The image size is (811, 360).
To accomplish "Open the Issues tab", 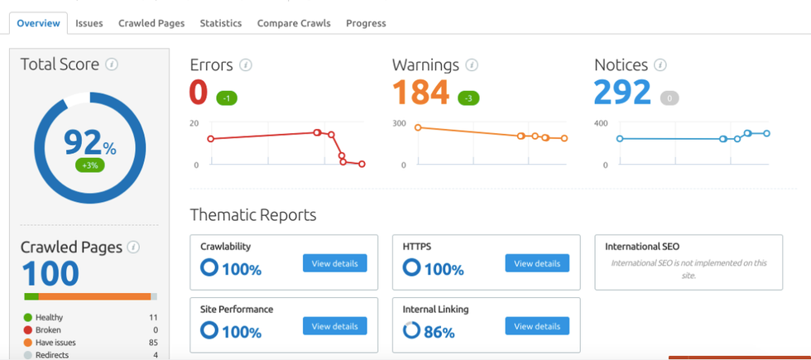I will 89,23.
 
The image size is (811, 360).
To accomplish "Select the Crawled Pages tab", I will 151,23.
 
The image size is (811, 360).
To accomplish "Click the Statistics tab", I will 220,23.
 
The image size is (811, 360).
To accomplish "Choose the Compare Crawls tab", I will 294,23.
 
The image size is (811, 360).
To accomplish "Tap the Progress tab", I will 366,23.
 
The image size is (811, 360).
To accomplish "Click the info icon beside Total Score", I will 112,65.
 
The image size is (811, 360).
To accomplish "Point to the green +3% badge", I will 89,166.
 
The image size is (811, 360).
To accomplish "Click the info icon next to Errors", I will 246,65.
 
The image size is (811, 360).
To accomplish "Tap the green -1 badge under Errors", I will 227,98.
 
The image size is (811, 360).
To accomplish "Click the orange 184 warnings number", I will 420,93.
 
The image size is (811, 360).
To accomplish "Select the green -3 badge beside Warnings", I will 468,98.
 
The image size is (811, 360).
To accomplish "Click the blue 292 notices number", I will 622,93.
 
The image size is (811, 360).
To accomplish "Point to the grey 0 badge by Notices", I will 669,98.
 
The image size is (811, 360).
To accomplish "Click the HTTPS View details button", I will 537,263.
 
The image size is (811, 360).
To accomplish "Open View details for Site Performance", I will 334,326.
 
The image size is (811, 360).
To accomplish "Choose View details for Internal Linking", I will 537,326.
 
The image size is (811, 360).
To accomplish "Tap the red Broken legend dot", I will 28,329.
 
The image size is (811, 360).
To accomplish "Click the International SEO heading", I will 642,247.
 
